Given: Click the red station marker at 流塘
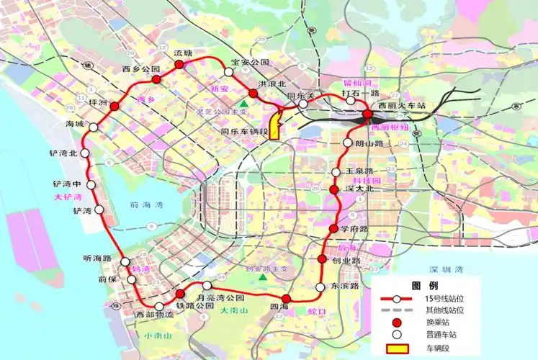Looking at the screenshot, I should (179, 65).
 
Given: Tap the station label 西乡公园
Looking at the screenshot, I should (140, 69).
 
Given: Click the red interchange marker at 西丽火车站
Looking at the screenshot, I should (367, 114).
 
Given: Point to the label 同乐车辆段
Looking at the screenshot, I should (244, 132).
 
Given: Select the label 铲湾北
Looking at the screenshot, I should (63, 153).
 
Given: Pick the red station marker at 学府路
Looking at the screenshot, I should (333, 228).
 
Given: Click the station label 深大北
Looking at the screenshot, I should (358, 189).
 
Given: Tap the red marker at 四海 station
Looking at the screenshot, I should (286, 299).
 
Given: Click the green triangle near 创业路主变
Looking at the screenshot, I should (264, 277).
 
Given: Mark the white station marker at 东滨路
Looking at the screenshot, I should (320, 288).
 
